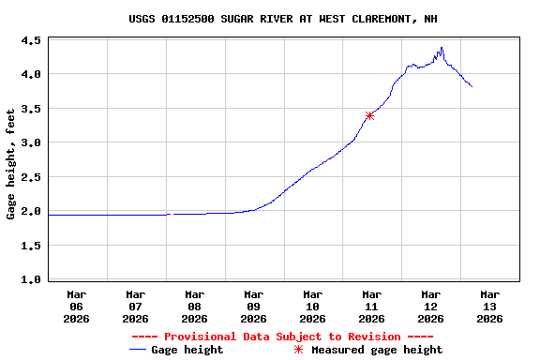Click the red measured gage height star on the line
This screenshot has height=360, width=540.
[370, 115]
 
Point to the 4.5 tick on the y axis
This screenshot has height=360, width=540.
[31, 41]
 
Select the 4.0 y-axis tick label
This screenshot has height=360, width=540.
[31, 74]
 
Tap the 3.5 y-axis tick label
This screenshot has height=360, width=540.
[31, 109]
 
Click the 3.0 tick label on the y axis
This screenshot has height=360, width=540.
[31, 142]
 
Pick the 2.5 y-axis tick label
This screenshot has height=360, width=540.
[31, 177]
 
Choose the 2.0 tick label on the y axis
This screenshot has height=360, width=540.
[31, 212]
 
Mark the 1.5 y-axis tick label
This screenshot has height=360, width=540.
[31, 246]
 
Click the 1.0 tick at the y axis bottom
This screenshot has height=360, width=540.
[31, 279]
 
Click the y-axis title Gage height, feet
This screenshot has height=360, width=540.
[11, 163]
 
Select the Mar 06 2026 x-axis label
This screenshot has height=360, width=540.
[77, 306]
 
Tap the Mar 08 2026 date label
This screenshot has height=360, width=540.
[195, 306]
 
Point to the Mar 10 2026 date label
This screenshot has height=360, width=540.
[313, 306]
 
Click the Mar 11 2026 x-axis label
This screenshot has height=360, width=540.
[372, 306]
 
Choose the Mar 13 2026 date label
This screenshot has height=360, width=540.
[489, 306]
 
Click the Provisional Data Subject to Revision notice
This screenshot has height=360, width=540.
[282, 337]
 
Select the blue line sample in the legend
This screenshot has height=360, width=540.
[140, 350]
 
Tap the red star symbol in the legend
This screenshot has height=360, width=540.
[299, 350]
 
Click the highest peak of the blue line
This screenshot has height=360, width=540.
[442, 48]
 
